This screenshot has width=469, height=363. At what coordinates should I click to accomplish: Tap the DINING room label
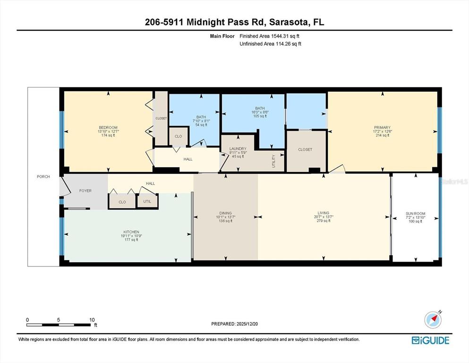click(x=225, y=213)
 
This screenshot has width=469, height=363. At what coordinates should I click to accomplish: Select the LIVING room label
click(x=324, y=213)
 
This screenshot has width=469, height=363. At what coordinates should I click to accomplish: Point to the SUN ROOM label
click(x=415, y=214)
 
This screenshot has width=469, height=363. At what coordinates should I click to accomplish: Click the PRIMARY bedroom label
click(x=382, y=127)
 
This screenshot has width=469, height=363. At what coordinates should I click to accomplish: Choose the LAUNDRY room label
click(x=238, y=148)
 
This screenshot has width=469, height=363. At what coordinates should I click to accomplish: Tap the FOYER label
click(x=85, y=190)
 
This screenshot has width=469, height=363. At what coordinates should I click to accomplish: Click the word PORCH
click(x=43, y=177)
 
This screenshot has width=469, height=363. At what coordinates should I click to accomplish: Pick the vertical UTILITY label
click(x=273, y=162)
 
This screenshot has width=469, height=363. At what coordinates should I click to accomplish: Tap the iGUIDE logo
click(x=430, y=340)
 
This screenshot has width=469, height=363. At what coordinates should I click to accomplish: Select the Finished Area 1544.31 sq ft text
click(x=270, y=36)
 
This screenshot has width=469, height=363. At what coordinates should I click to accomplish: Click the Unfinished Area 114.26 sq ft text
click(x=270, y=44)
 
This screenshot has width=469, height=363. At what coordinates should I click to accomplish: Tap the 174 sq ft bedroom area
click(x=108, y=135)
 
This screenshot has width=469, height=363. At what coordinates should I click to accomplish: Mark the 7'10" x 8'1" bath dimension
click(x=201, y=121)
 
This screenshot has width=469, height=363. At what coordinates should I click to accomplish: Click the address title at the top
click(x=234, y=22)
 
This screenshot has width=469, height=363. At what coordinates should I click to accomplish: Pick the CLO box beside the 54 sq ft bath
click(x=178, y=136)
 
